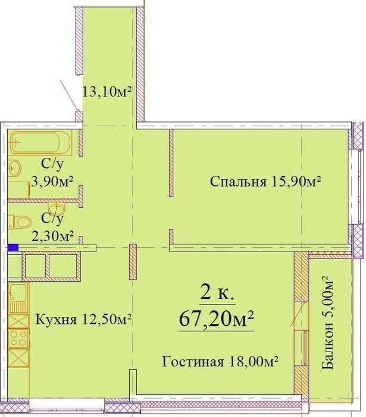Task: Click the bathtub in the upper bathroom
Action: pos(41,142)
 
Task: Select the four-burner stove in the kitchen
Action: pos(18,338)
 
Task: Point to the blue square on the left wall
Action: pos(13,248)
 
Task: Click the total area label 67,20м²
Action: pos(217,319)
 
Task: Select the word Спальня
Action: pos(238,182)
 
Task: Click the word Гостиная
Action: pos(193,362)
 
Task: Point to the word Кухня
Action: pos(56,319)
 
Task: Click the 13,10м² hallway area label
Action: pos(107,92)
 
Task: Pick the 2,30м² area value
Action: pos(52,236)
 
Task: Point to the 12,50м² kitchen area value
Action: pos(107,319)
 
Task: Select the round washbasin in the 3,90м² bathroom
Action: pos(15,168)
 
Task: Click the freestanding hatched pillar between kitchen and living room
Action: pos(133,262)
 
